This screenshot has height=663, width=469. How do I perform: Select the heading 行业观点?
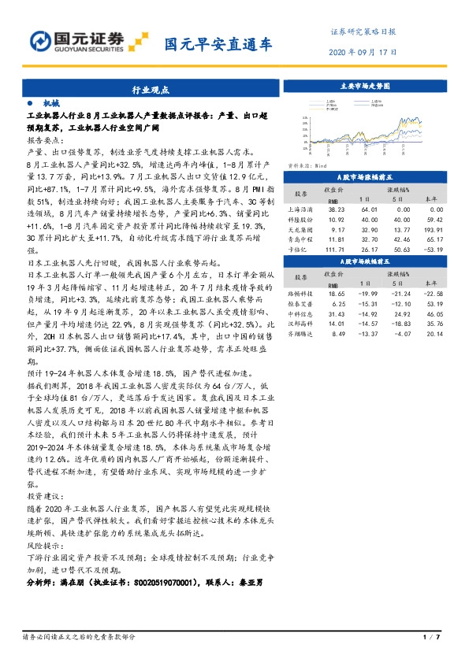tap(151, 91)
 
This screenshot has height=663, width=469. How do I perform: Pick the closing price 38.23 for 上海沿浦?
tap(336, 209)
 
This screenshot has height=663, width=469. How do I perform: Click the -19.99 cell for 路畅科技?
tap(368, 291)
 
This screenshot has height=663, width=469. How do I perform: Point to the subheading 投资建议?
tap(44, 498)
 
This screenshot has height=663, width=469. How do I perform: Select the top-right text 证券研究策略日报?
tap(362, 32)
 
